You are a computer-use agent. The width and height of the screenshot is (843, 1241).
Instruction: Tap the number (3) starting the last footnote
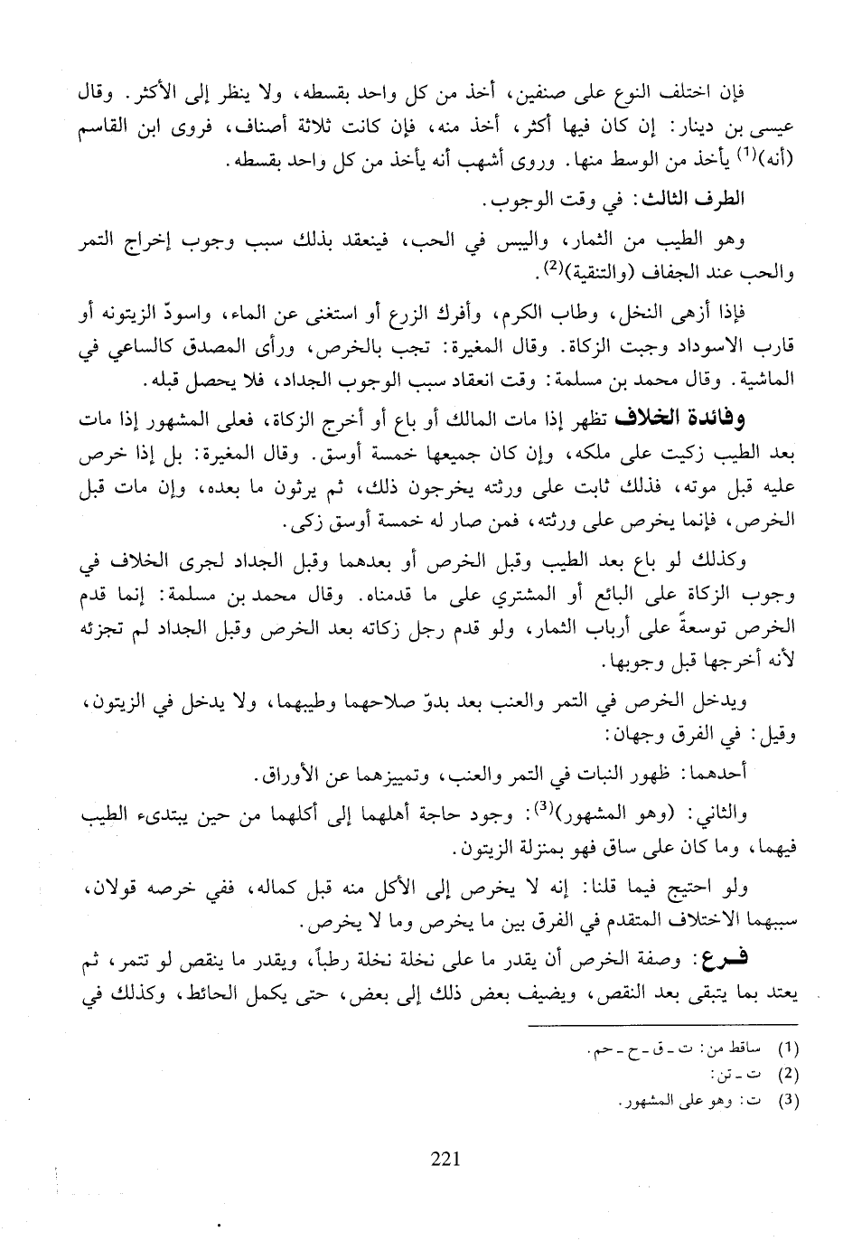789,1102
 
